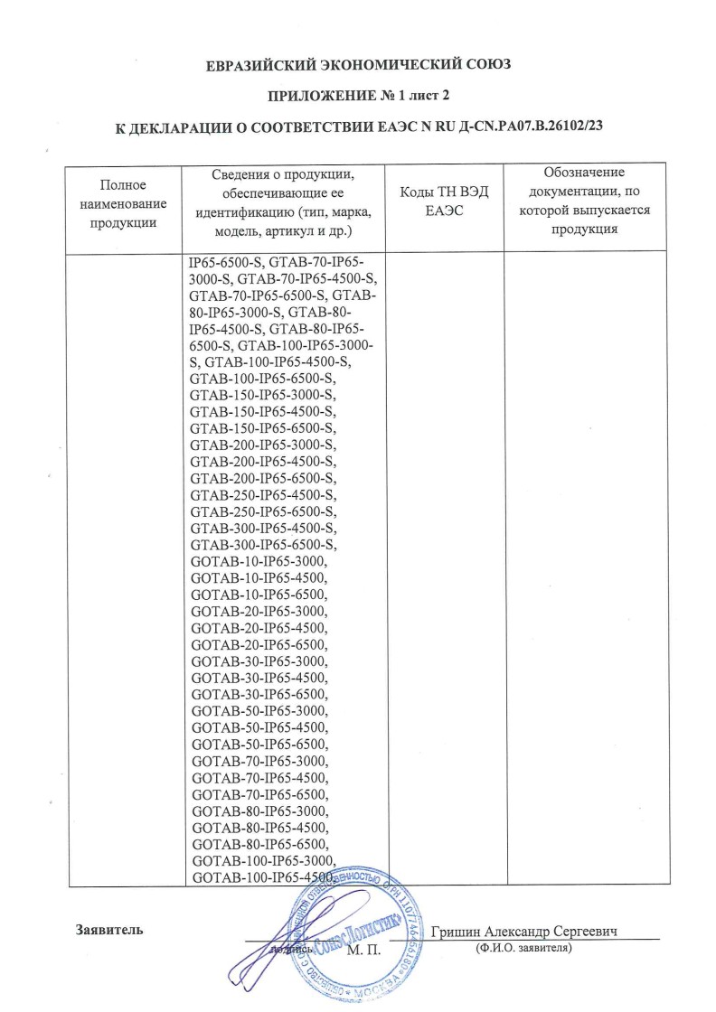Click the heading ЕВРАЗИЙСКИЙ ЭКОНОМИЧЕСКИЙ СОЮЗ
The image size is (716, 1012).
click(358, 64)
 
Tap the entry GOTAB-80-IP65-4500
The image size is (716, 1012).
click(259, 827)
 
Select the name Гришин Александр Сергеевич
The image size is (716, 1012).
click(530, 932)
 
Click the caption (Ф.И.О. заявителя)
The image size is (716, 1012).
click(523, 949)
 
